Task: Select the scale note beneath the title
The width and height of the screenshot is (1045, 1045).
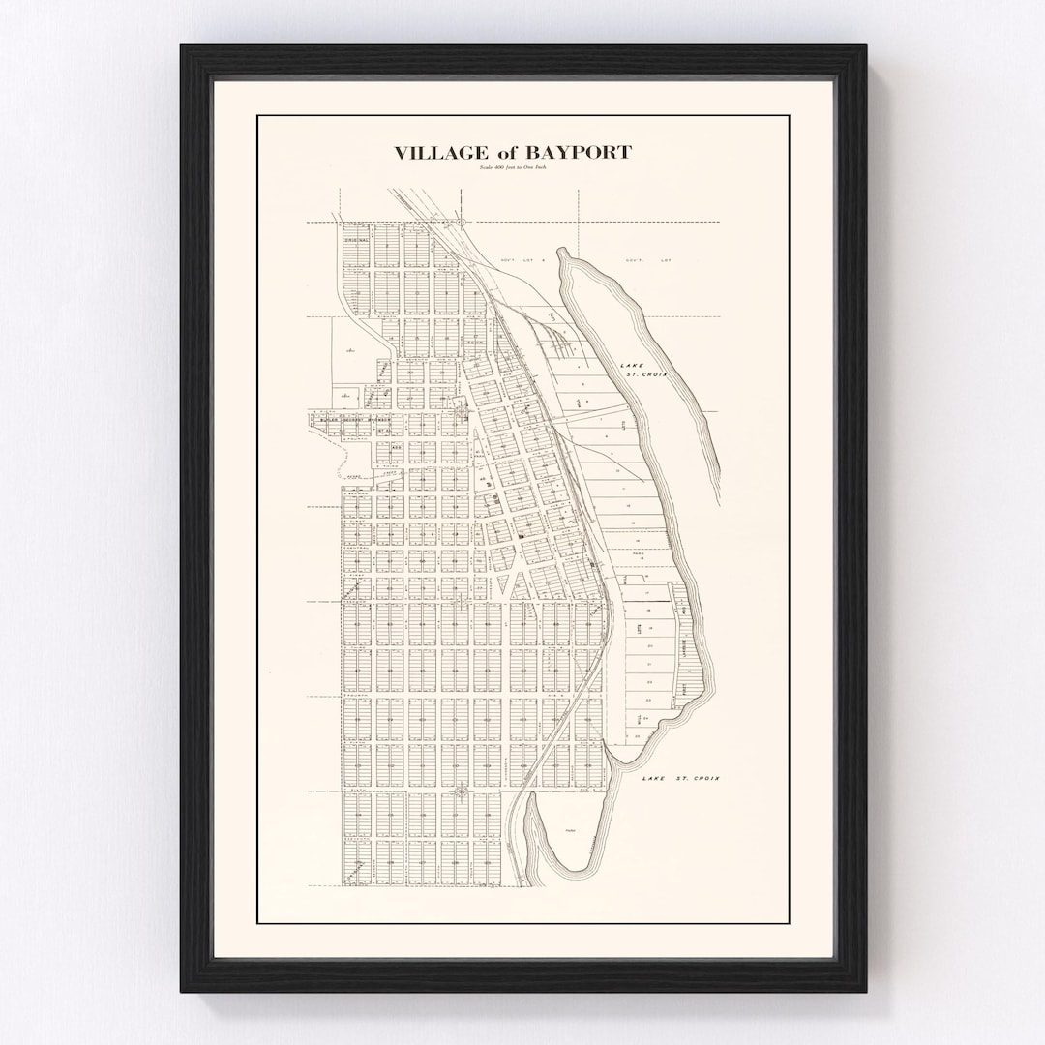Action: point(512,168)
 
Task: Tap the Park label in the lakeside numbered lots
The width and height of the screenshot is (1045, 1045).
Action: point(639,555)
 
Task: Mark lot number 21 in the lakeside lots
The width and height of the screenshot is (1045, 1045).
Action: point(650,665)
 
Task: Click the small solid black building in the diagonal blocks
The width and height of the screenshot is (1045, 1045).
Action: point(524,530)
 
